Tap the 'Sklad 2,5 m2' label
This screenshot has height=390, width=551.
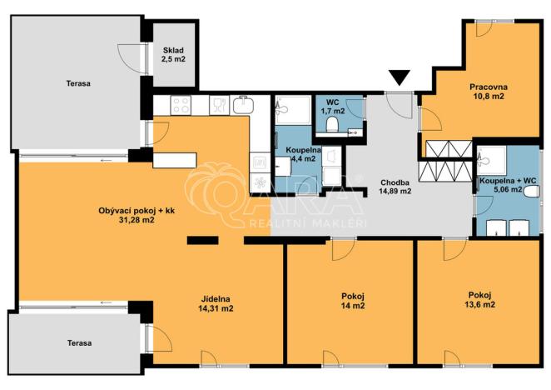click(x=173, y=54)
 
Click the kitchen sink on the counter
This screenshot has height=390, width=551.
click(x=243, y=105)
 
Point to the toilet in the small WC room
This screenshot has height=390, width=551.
click(x=333, y=125)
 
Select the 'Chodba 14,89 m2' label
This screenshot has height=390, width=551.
click(x=395, y=186)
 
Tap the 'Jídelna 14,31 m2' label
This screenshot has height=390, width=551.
click(x=216, y=303)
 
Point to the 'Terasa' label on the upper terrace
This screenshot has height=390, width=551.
click(x=78, y=83)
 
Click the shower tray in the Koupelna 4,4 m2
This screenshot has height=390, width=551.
click(x=293, y=108)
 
